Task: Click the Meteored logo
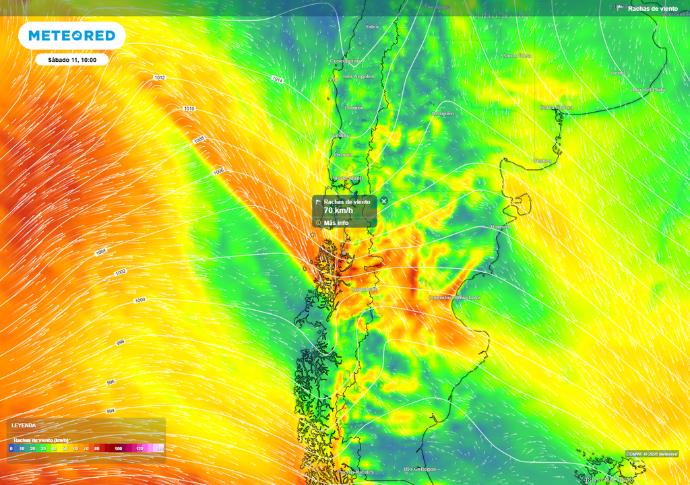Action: click(x=71, y=36)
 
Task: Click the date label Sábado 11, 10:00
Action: click(x=72, y=60)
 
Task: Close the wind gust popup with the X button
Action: click(x=384, y=201)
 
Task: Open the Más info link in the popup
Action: click(x=336, y=223)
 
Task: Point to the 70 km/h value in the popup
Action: click(x=338, y=211)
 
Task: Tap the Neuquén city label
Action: click(x=443, y=113)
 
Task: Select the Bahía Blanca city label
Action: click(x=556, y=107)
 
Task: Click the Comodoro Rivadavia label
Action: click(x=455, y=297)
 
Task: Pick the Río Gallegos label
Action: click(x=420, y=469)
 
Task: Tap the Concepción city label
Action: click(x=345, y=61)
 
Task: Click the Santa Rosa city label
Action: click(x=517, y=56)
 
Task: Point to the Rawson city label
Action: click(x=501, y=227)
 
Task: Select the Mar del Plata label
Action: click(x=649, y=90)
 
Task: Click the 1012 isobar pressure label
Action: click(x=160, y=78)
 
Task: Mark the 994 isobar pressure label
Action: click(x=111, y=411)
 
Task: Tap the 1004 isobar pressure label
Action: click(x=101, y=251)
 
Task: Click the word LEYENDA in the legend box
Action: click(x=24, y=426)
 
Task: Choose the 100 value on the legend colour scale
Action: click(x=119, y=449)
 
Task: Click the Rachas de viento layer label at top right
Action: click(x=652, y=8)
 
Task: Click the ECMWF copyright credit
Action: click(x=651, y=454)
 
